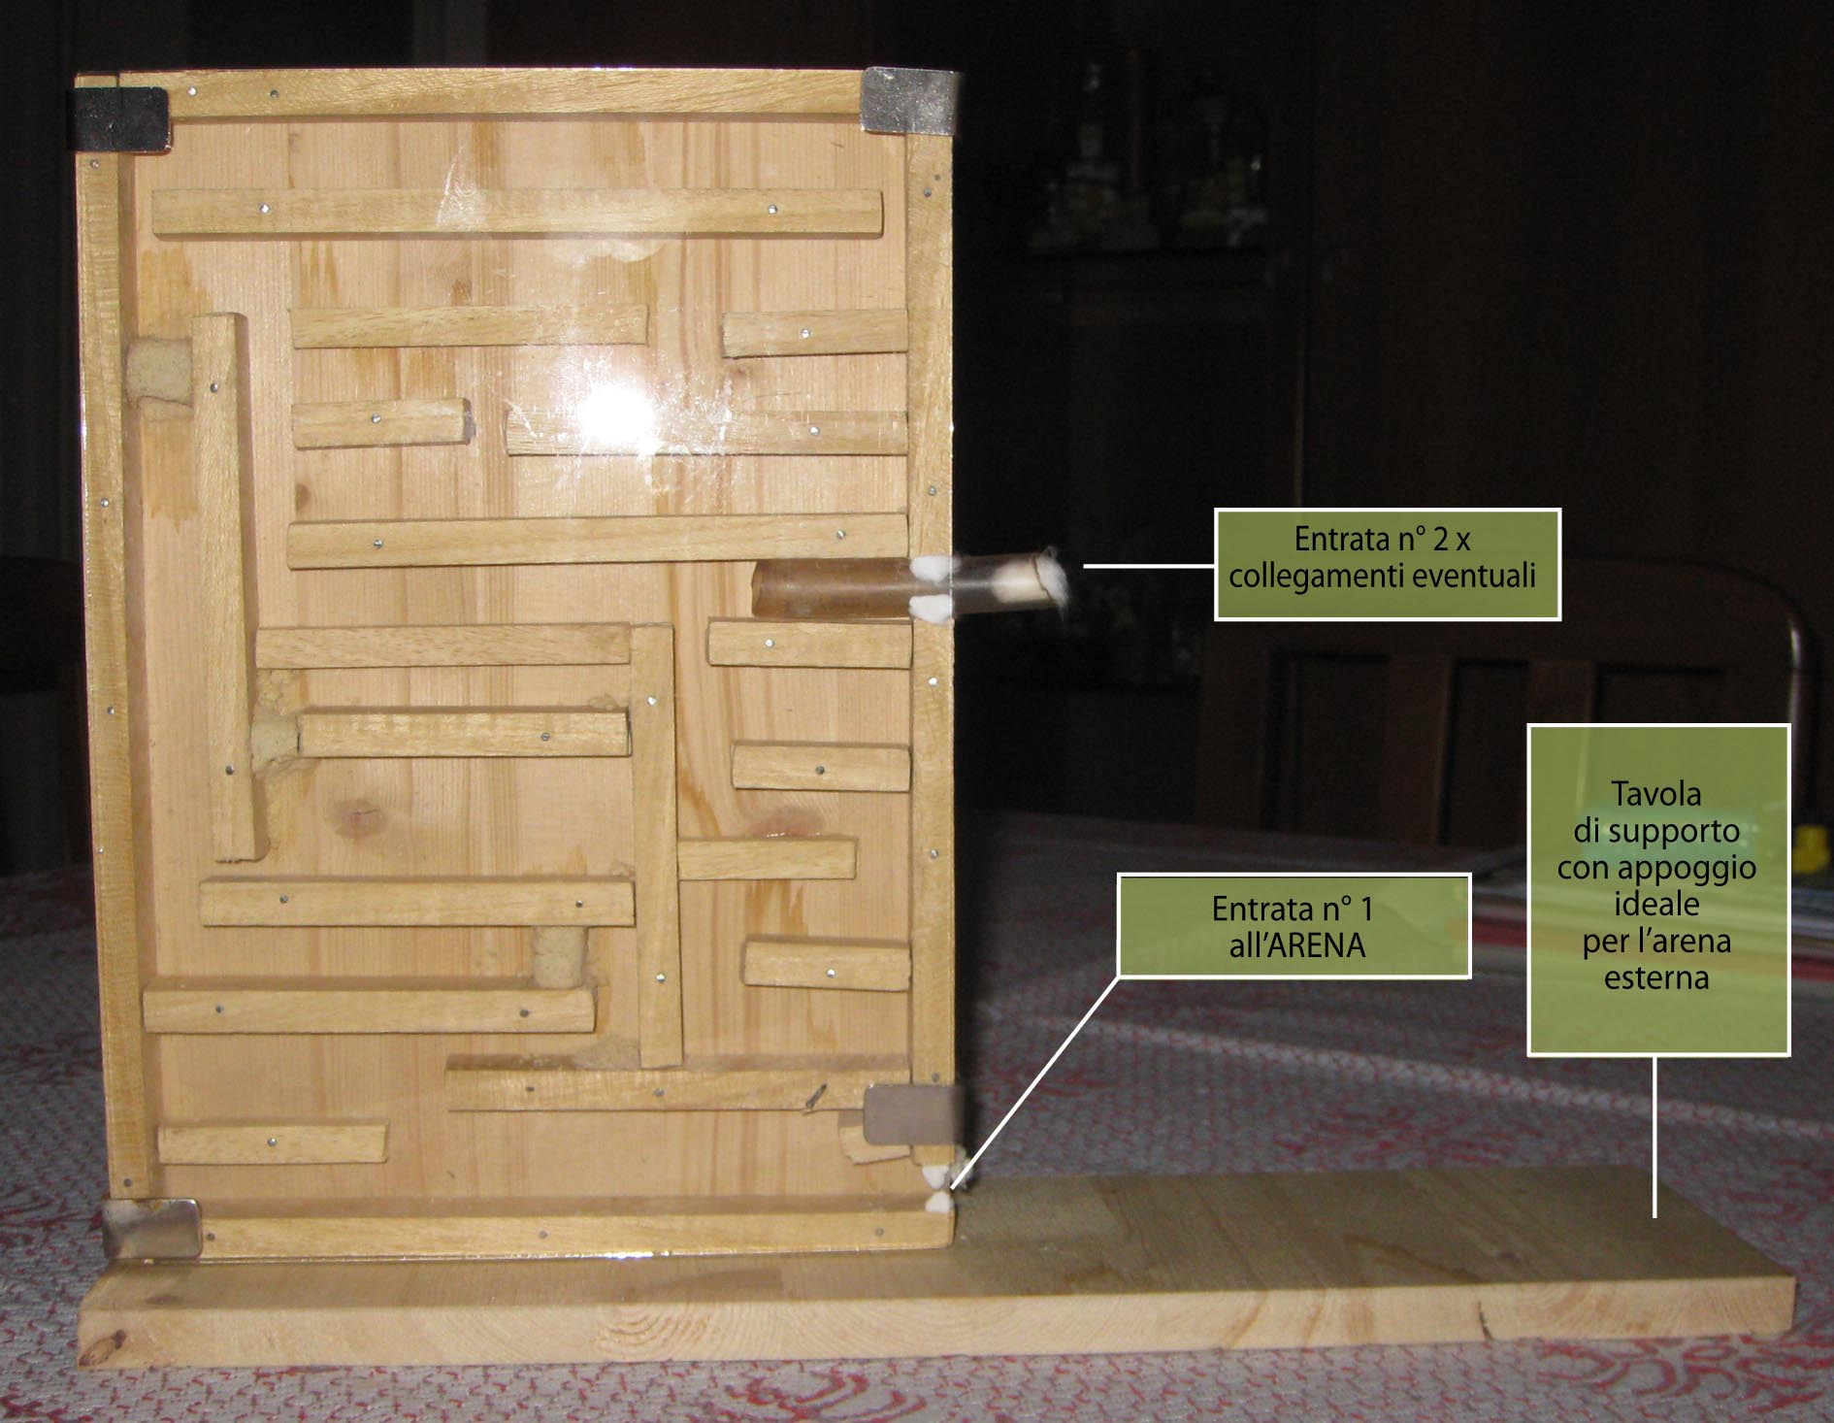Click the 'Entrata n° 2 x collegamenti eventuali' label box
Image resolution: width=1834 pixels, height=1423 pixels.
click(x=1388, y=564)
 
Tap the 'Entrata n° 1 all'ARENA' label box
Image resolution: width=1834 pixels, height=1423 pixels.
click(x=1294, y=926)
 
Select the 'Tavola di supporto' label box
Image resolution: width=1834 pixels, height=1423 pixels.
click(x=1658, y=889)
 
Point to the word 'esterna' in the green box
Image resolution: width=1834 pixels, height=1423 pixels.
click(x=1656, y=976)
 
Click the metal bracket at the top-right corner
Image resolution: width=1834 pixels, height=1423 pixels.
click(x=907, y=99)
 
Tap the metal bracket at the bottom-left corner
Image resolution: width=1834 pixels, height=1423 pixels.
click(x=151, y=1227)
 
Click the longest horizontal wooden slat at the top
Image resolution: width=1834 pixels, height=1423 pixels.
click(x=517, y=213)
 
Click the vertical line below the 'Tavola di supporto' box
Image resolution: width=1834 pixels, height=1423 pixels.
click(x=1655, y=1137)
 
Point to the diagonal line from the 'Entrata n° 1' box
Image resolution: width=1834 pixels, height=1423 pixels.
click(x=1034, y=1082)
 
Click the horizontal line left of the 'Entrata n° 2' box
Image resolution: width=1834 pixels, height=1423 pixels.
click(x=1149, y=565)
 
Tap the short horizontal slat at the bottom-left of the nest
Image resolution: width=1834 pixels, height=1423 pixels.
click(x=272, y=1143)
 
